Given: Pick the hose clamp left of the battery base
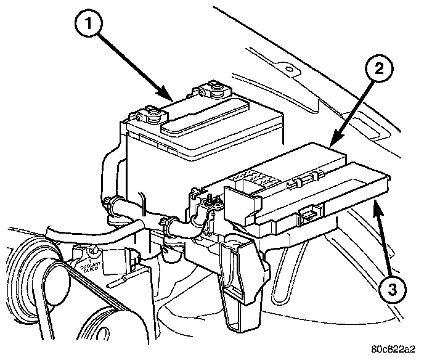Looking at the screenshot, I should pos(112,203).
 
